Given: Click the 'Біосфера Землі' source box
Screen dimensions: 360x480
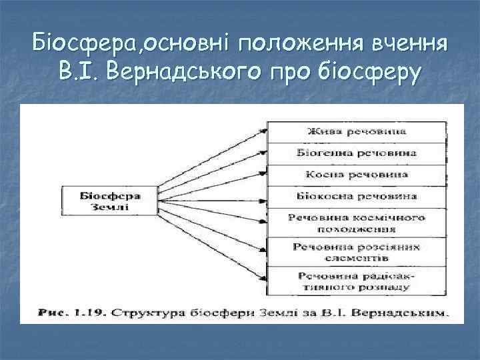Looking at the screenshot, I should point(110,201).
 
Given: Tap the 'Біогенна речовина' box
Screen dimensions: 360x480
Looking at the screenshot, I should point(356,153).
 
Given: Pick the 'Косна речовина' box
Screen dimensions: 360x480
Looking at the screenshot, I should point(356,175).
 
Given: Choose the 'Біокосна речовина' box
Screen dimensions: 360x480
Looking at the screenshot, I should point(356,197).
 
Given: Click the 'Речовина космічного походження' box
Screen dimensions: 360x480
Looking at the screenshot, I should point(356,222).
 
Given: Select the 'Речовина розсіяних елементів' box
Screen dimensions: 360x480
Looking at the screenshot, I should point(356,251).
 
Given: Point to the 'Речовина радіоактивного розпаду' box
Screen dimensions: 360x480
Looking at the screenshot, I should point(356,280).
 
